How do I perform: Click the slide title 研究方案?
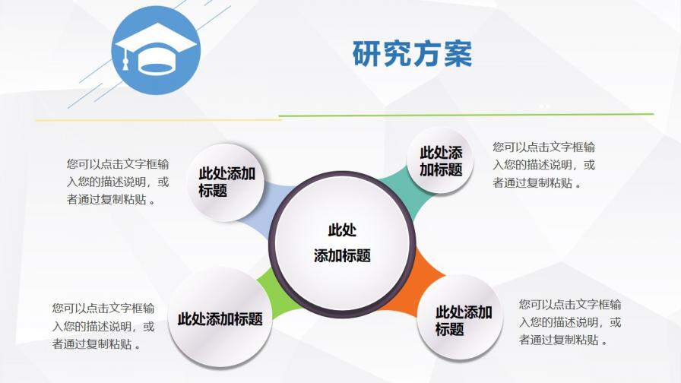tap(412, 54)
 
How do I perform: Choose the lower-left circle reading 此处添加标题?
tap(220, 318)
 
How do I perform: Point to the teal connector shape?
tap(400, 179)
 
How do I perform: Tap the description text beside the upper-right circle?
tap(544, 165)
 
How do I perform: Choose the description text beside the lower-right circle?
tap(570, 322)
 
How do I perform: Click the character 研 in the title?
tap(367, 54)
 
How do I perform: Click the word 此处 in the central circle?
tap(341, 230)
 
